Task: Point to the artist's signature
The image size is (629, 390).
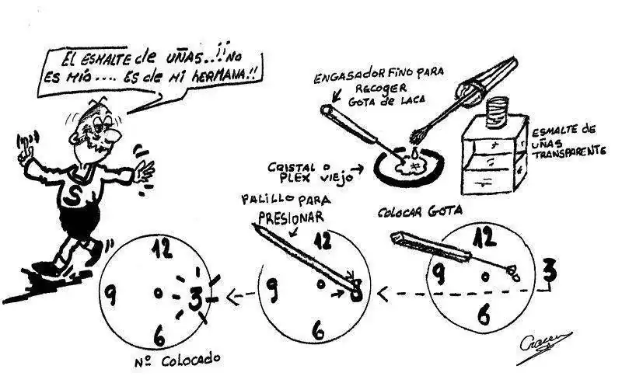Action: (x=543, y=343)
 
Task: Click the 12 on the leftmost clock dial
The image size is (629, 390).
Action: (x=162, y=249)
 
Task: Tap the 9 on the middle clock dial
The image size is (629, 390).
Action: (x=271, y=289)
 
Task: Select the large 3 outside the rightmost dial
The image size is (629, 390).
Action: (x=549, y=271)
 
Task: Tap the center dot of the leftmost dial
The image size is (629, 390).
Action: (x=158, y=293)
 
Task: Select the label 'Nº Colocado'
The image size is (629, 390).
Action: (x=178, y=360)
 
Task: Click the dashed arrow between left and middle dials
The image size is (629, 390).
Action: (x=237, y=295)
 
